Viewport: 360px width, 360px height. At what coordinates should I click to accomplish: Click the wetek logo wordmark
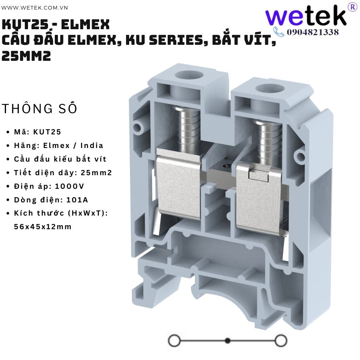(306, 15)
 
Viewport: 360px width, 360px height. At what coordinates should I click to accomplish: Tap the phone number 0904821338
(313, 32)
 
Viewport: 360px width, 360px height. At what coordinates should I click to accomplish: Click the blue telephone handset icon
(279, 32)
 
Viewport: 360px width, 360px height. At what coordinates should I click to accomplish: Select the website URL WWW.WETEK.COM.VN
(34, 8)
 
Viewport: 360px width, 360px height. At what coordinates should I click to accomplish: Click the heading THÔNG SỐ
(40, 108)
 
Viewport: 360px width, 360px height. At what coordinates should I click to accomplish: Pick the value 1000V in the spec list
(70, 186)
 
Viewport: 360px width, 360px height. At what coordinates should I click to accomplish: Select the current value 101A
(77, 200)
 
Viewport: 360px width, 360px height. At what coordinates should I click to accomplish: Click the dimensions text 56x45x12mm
(43, 227)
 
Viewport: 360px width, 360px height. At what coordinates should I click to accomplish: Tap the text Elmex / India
(73, 146)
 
